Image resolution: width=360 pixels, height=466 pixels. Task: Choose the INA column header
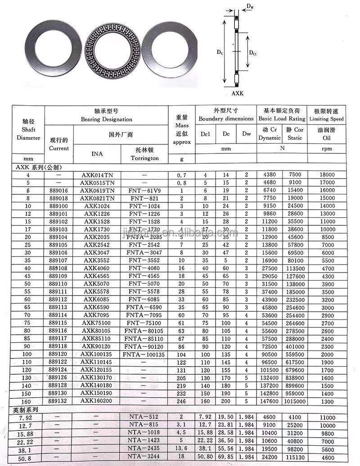click(97, 154)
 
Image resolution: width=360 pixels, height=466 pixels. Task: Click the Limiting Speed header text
click(326, 119)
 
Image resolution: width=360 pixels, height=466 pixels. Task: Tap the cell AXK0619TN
click(97, 191)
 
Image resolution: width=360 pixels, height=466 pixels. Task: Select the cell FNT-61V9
click(144, 191)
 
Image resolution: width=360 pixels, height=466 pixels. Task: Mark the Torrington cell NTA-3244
click(144, 458)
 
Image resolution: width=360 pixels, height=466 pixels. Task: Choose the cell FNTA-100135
click(144, 354)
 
